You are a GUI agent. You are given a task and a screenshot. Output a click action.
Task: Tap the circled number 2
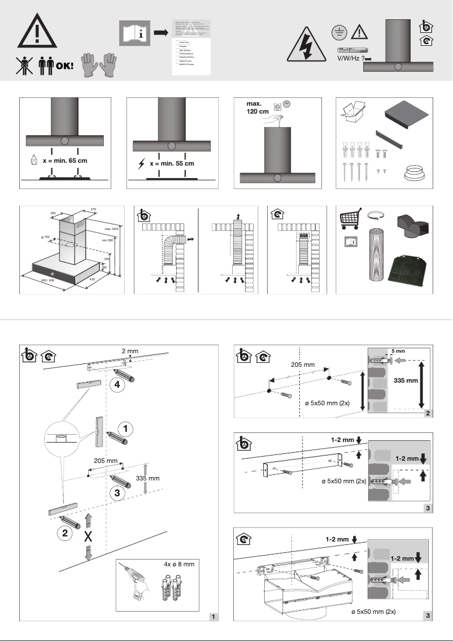(67, 532)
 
